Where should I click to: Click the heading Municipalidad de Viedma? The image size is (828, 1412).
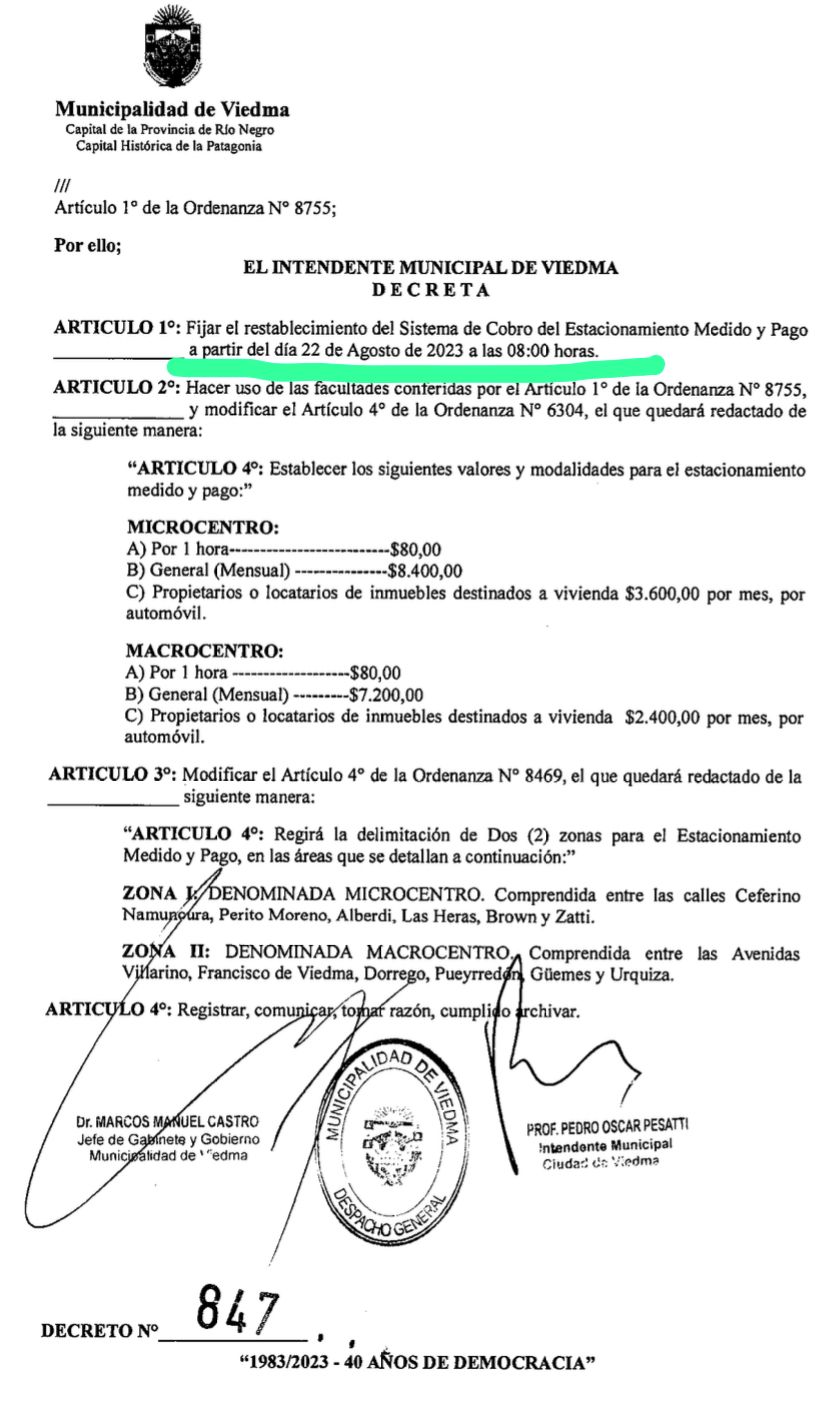point(172,109)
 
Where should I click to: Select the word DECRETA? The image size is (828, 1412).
point(430,291)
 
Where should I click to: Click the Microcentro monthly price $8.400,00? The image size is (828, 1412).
point(426,571)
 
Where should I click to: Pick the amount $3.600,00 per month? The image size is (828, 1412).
point(662,593)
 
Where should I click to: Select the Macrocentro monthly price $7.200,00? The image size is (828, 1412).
point(386,695)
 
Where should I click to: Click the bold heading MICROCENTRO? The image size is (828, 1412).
point(203,527)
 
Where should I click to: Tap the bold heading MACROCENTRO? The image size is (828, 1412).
point(205,651)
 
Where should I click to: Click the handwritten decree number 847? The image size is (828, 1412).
point(237,1309)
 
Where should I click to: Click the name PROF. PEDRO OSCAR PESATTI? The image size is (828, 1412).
point(607,1127)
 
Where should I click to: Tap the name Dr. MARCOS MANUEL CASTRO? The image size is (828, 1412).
point(167,1122)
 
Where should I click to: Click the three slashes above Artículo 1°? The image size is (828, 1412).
point(62,186)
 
